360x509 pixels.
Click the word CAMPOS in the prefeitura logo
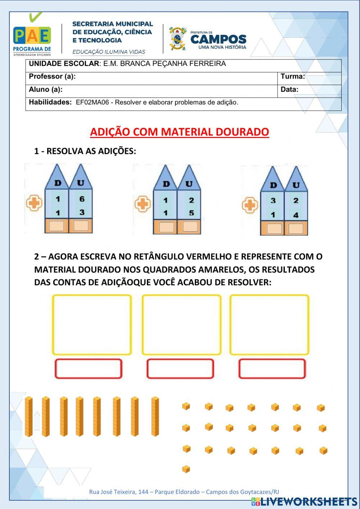pos(218,39)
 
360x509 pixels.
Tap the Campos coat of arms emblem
pos(177,38)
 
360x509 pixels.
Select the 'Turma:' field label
pos(293,76)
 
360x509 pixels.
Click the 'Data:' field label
pos(289,89)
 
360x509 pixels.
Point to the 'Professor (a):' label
pos(52,76)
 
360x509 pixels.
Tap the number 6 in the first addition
pos(82,199)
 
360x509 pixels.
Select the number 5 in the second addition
pos(191,213)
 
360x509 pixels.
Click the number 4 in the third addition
pos(296,215)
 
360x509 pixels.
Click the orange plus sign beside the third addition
pos(249,206)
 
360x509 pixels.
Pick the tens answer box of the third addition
pos(274,228)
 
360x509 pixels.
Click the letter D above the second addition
pos(166,184)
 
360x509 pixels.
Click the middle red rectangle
pos(180,369)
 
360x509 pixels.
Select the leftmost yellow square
pos(92,325)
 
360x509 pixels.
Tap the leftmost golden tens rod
pos(28,416)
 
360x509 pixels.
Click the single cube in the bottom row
pos(186,469)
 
